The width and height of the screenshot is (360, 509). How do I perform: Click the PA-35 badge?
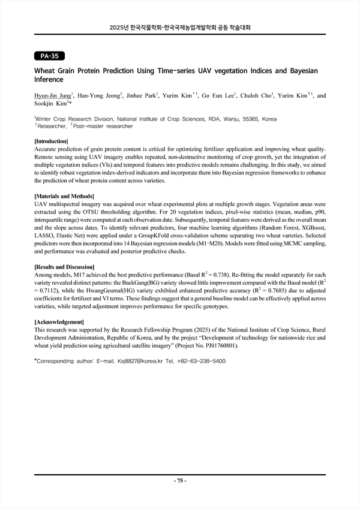(x=49, y=56)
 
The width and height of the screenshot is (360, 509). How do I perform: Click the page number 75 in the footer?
(x=180, y=481)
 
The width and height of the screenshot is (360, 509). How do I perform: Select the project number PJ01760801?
(x=220, y=346)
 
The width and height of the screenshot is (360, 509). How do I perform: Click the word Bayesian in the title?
(x=299, y=71)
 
